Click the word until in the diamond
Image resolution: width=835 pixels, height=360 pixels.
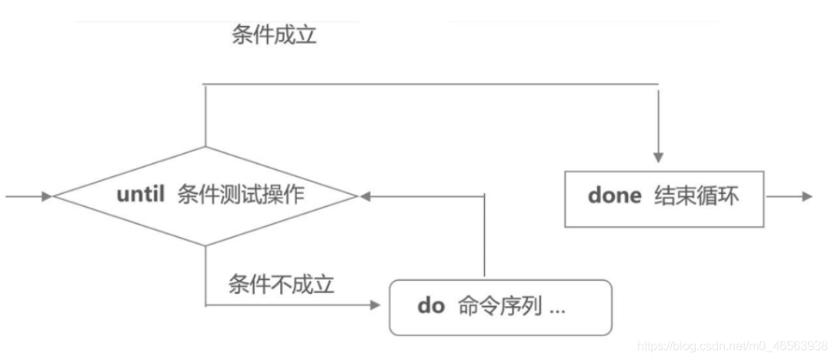(x=141, y=195)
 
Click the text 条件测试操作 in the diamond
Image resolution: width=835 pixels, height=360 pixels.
(x=240, y=195)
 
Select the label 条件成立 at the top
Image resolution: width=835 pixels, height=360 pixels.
(x=274, y=35)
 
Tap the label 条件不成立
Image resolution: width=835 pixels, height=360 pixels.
(x=281, y=285)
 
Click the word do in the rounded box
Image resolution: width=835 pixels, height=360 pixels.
(x=431, y=306)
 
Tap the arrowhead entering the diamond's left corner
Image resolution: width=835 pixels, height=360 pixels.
(x=47, y=197)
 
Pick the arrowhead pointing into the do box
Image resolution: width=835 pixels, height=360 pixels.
(x=376, y=305)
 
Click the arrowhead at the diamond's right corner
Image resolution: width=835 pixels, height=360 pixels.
(x=365, y=197)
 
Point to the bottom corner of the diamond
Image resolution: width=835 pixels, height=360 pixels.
(x=205, y=246)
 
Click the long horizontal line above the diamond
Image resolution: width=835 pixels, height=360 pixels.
(x=431, y=84)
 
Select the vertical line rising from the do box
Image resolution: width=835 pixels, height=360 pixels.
(x=484, y=235)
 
